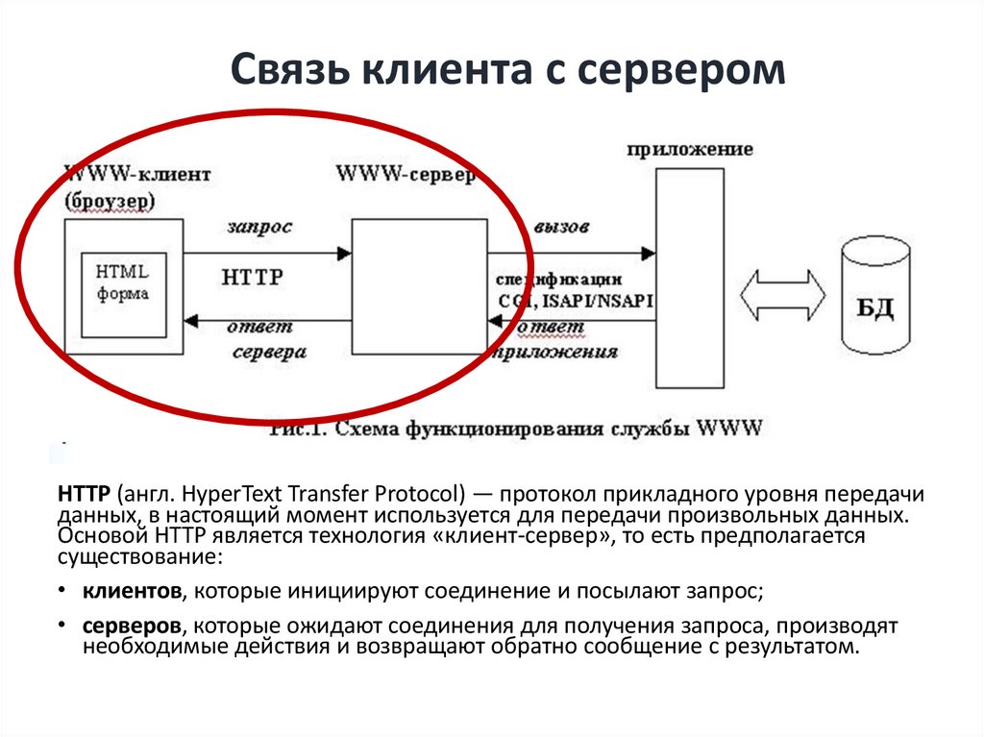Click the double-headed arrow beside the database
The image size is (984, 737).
tap(783, 295)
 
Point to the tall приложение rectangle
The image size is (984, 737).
tap(687, 279)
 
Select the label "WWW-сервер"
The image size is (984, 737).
tap(405, 176)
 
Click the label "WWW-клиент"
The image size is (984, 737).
tap(136, 176)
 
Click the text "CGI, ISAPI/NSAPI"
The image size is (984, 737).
tap(575, 301)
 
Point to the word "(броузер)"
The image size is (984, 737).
tap(110, 202)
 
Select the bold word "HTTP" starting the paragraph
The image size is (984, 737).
tap(85, 495)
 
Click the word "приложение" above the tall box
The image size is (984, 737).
tap(689, 150)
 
